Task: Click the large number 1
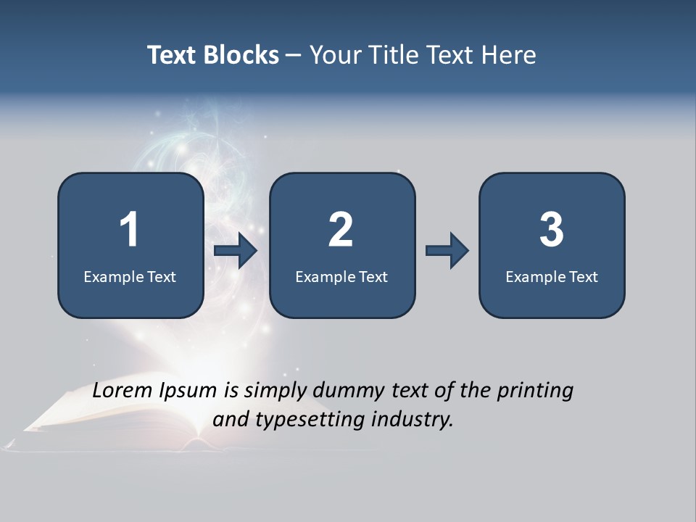pyautogui.click(x=129, y=230)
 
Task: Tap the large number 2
pyautogui.click(x=341, y=230)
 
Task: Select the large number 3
pyautogui.click(x=552, y=230)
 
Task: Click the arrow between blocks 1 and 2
pyautogui.click(x=236, y=251)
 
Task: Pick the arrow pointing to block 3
pyautogui.click(x=447, y=251)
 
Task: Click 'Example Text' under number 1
pyautogui.click(x=130, y=276)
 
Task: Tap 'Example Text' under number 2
pyautogui.click(x=341, y=276)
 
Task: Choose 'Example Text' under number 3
pyautogui.click(x=552, y=276)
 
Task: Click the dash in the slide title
pyautogui.click(x=294, y=55)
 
